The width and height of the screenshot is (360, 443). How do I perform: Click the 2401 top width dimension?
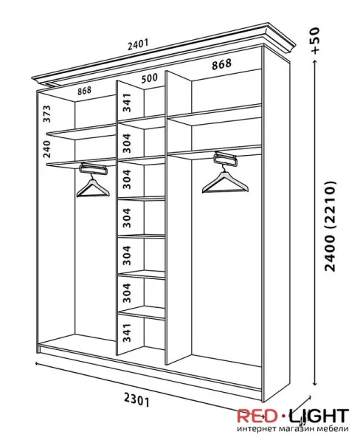[138, 44]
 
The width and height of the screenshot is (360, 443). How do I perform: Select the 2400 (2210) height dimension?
[330, 226]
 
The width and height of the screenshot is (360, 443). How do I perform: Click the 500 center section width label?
[149, 78]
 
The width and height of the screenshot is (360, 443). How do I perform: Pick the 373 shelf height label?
[47, 114]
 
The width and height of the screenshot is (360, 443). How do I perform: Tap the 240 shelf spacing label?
[47, 149]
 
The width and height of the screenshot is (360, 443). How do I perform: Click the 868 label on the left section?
[84, 91]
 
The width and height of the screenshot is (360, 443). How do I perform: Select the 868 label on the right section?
[221, 64]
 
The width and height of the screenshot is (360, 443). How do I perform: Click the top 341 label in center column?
[127, 103]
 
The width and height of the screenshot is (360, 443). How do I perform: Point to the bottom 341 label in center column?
[127, 332]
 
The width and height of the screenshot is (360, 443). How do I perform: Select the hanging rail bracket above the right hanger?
[225, 159]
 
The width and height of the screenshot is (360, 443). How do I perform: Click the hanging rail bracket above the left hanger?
[94, 168]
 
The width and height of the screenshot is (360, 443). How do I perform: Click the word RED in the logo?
[257, 416]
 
